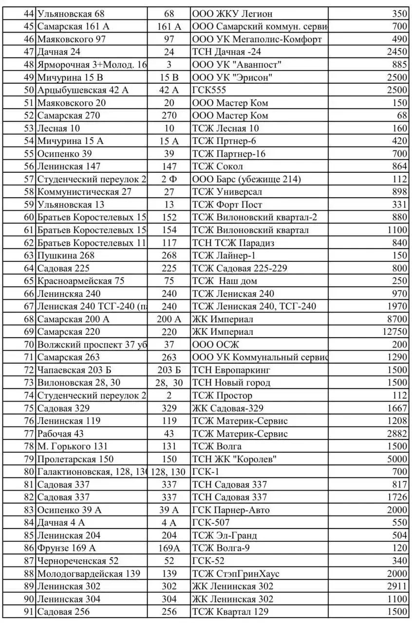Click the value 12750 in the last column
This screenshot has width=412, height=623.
point(394,332)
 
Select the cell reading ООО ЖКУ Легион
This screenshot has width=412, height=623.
point(232,14)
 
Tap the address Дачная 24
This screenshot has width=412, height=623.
point(59,52)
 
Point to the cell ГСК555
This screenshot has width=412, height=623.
point(209,90)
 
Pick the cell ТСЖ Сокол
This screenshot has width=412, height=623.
point(218,166)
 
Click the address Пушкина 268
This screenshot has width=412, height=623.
point(66,256)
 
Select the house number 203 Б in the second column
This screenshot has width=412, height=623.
point(169,370)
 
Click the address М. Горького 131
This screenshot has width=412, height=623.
point(73,446)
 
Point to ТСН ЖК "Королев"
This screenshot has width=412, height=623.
point(235,459)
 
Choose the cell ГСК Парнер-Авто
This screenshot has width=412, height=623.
point(231,510)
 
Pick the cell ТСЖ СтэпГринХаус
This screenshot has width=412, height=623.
point(236,574)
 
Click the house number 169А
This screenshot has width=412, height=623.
point(169,548)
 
